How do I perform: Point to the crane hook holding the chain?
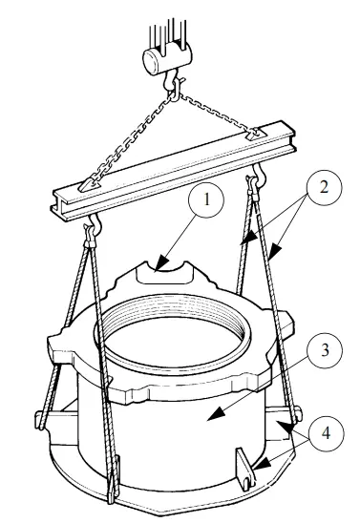(173, 85)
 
